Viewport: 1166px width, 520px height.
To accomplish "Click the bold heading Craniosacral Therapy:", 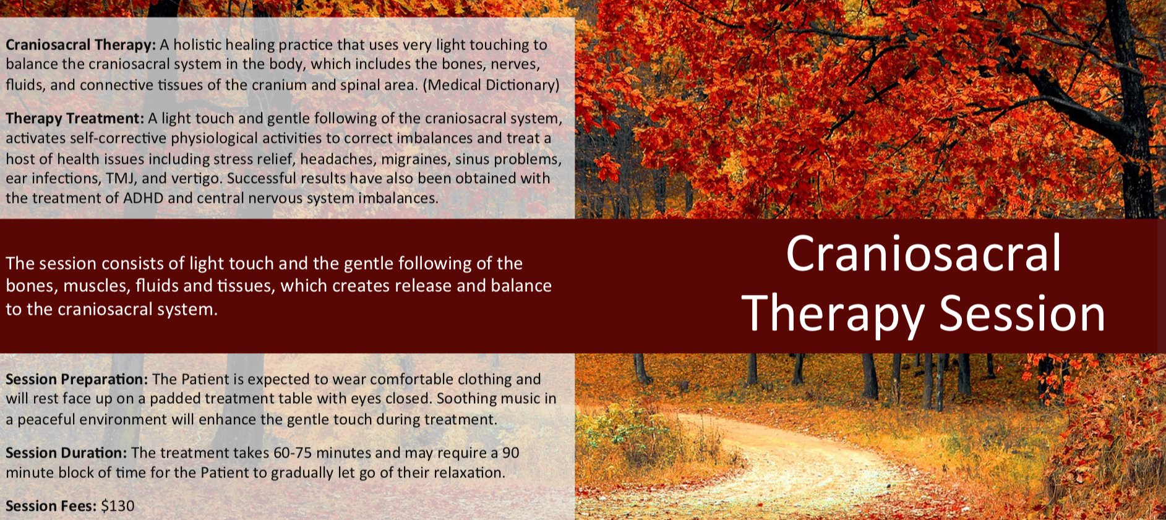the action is click(x=80, y=45).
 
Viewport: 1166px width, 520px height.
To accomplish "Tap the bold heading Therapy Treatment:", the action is click(x=75, y=118).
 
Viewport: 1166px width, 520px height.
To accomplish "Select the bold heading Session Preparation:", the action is click(x=77, y=379).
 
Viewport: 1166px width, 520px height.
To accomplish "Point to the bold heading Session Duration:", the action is click(x=66, y=453).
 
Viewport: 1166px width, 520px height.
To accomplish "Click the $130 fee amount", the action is click(x=118, y=506).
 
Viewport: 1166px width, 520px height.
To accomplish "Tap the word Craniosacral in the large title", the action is click(x=924, y=254).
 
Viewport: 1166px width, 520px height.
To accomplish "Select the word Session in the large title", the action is click(x=1022, y=313).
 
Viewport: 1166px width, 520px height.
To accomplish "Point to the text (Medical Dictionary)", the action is click(x=491, y=85).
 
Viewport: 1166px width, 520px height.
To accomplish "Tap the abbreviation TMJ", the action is click(x=121, y=179).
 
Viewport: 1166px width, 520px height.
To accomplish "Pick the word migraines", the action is click(x=414, y=159).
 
